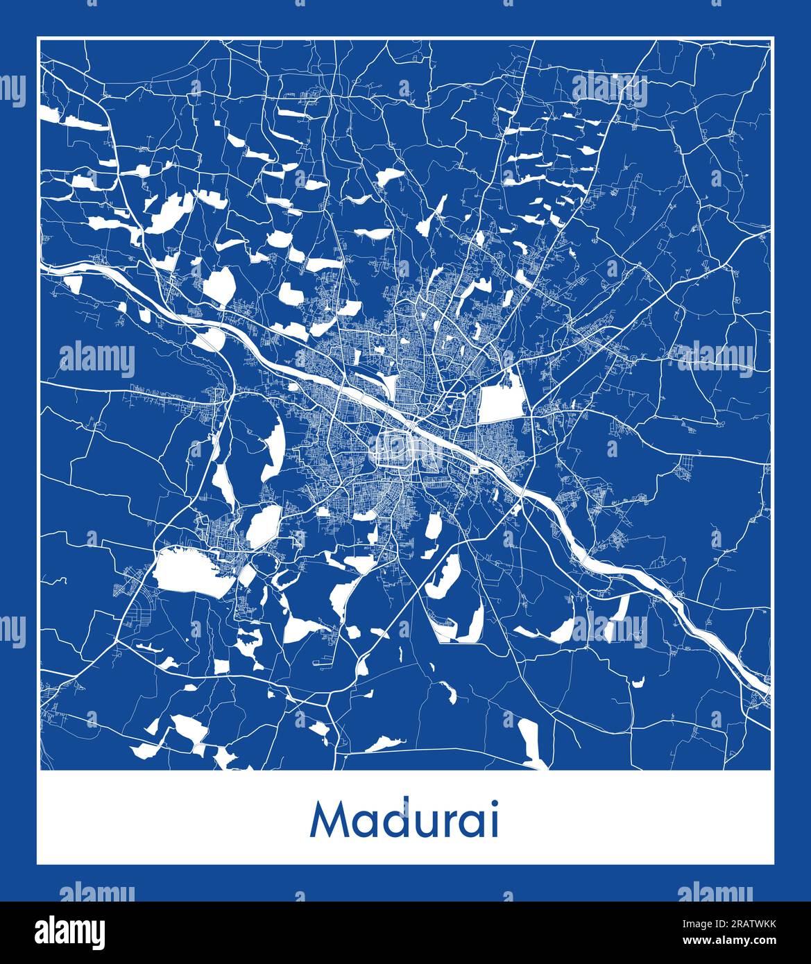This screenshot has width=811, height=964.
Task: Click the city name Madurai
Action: pyautogui.click(x=405, y=820)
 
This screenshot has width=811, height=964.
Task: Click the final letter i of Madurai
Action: pyautogui.click(x=494, y=820)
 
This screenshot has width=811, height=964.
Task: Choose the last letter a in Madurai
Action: pyautogui.click(x=472, y=824)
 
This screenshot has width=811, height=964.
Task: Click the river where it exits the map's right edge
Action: pyautogui.click(x=766, y=686)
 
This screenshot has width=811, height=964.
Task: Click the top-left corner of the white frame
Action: pyautogui.click(x=38, y=37)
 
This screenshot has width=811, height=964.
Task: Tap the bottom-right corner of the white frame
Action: pyautogui.click(x=773, y=864)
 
